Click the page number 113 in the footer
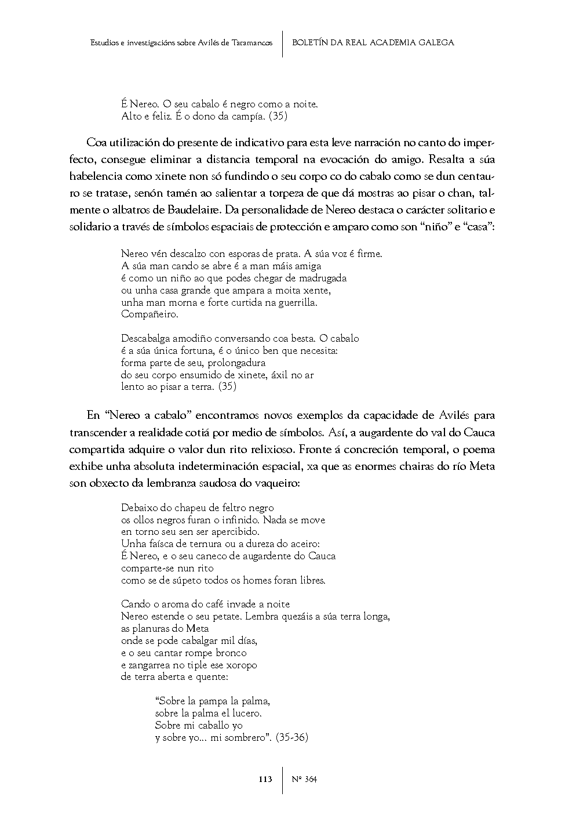(x=265, y=779)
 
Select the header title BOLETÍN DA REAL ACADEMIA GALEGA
(x=373, y=42)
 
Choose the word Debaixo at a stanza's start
(x=138, y=508)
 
